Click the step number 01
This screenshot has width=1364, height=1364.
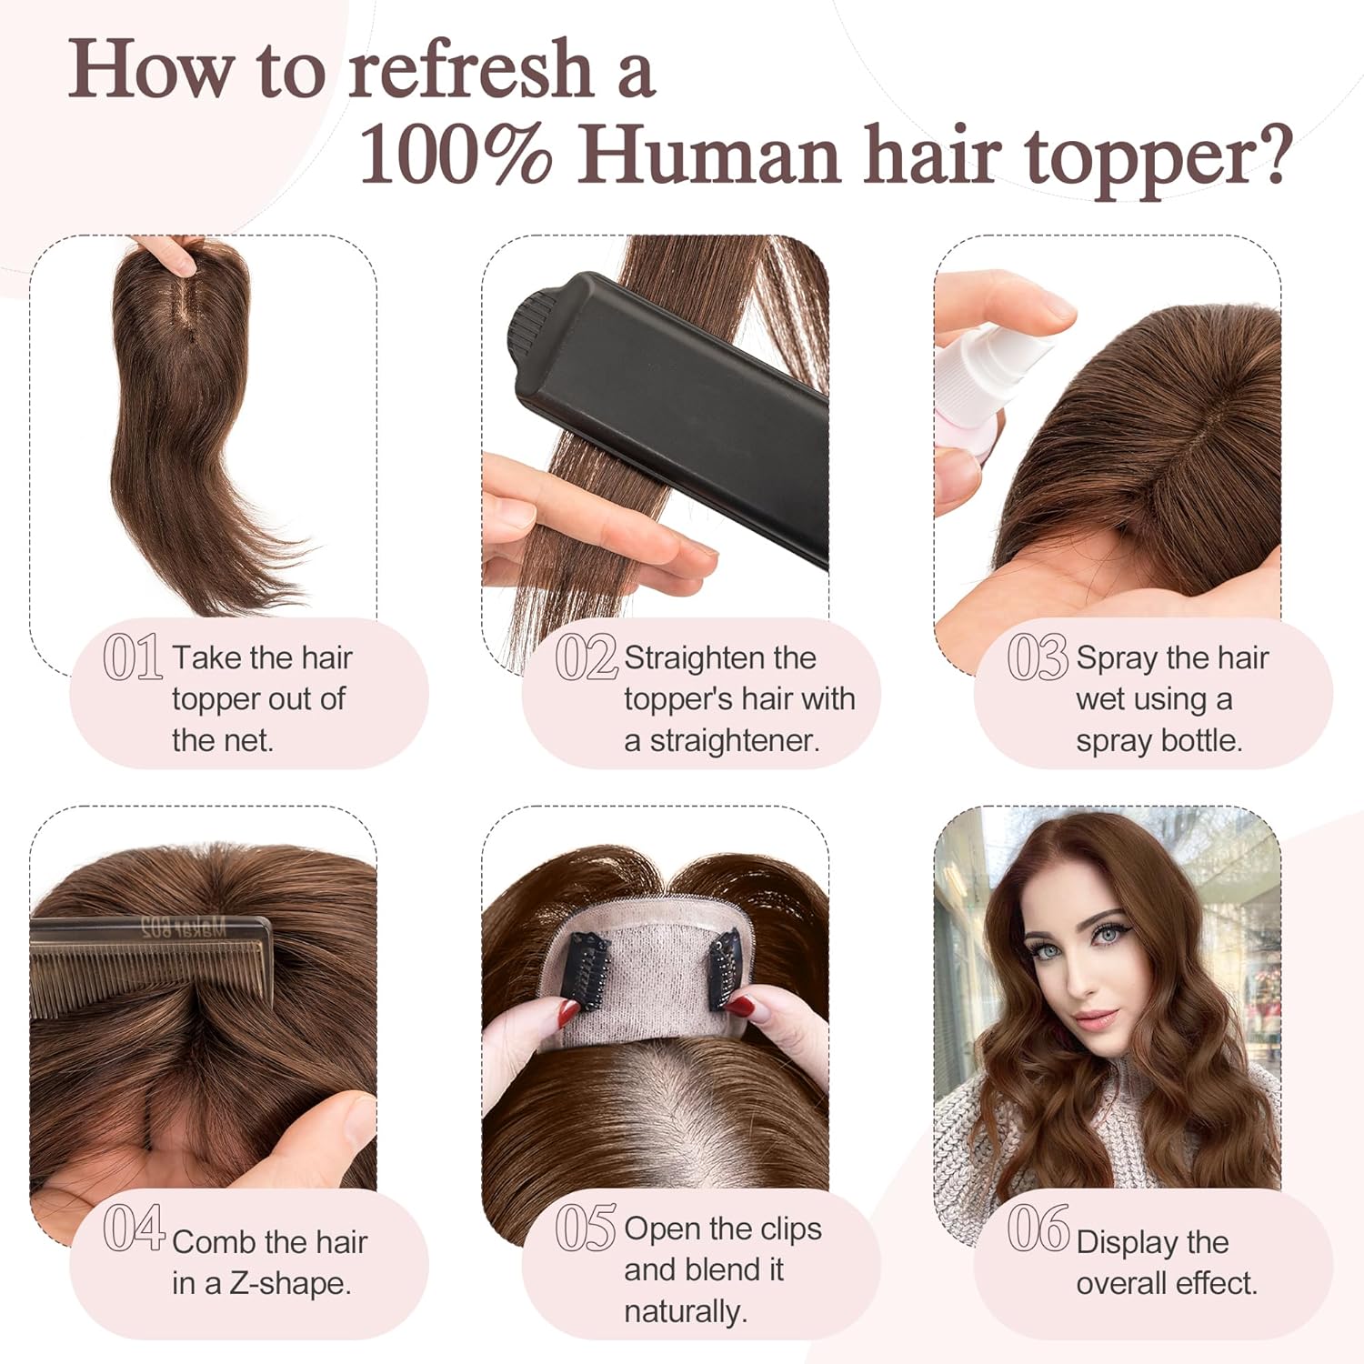[133, 657]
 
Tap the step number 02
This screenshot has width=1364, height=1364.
[587, 657]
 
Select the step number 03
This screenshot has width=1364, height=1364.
[1038, 657]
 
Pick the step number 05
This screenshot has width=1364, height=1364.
[587, 1228]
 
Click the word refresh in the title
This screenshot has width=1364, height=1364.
[472, 69]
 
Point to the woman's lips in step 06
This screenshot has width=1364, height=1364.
[1095, 1017]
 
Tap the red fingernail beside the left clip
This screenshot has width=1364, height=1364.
[569, 1011]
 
